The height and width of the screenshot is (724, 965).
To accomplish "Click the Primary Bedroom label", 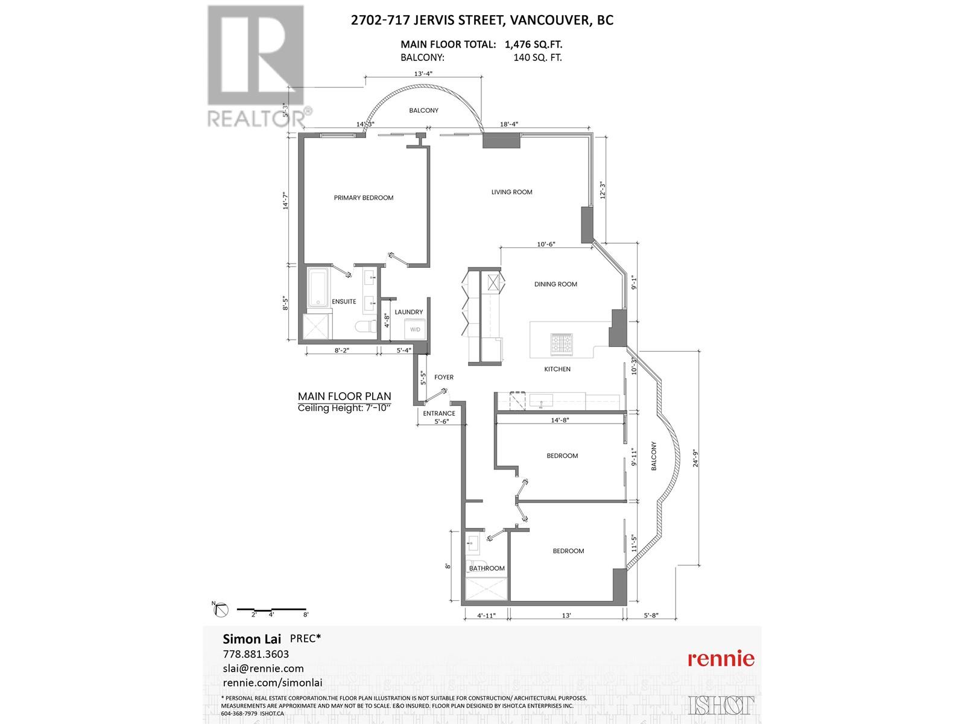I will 364,198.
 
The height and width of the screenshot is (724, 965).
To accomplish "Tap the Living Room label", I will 511,192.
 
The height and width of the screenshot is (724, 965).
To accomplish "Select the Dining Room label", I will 555,284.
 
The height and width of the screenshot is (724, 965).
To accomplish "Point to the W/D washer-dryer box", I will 416,329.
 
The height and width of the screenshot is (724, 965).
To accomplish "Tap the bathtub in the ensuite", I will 319,288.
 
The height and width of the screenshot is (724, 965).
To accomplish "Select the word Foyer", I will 444,377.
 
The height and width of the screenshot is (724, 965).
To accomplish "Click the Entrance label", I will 439,413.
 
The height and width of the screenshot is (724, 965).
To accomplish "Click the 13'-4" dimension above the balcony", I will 423,74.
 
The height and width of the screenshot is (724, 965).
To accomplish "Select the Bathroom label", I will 487,568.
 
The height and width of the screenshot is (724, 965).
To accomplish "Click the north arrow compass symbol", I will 221,610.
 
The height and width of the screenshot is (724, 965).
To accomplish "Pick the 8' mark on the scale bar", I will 306,615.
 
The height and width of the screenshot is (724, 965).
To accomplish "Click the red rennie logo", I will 721,658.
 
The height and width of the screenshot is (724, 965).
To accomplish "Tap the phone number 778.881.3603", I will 256,654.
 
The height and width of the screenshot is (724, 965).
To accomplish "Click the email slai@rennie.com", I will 263,668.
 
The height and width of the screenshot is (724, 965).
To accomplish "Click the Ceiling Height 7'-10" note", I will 344,408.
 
